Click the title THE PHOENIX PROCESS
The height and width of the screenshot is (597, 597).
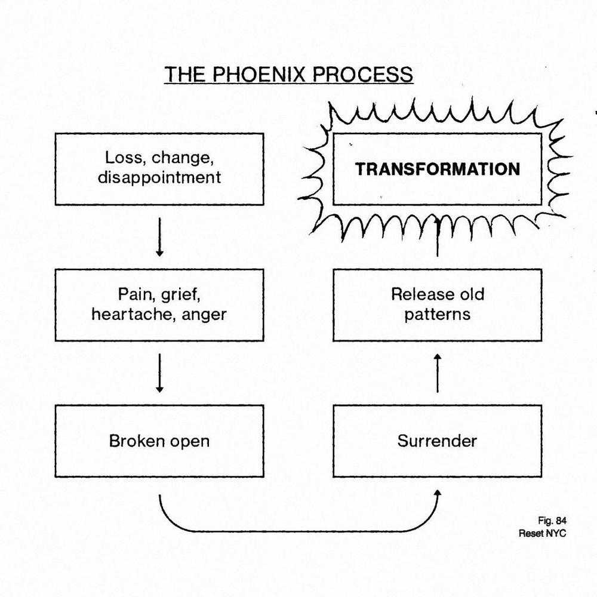288,75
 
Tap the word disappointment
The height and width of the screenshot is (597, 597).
159,177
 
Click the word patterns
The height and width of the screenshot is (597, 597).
437,314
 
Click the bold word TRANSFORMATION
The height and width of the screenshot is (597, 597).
438,169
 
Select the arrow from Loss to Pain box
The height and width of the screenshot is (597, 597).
159,236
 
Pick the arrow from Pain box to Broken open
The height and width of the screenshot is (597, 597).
159,373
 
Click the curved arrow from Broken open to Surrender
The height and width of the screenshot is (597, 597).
298,530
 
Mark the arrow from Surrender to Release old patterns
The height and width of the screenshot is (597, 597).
437,373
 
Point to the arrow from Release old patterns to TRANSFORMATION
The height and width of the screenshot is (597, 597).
438,239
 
